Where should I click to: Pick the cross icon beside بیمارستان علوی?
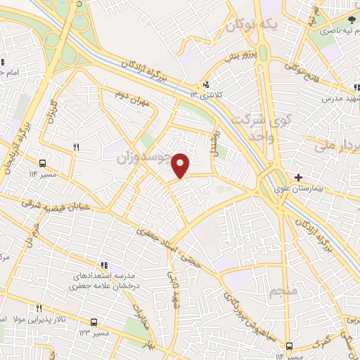tap(298, 177)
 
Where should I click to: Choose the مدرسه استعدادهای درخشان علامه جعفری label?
tap(104, 282)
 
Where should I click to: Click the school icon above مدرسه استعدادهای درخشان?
tap(104, 265)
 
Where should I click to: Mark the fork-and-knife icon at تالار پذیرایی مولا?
tap(39, 308)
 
